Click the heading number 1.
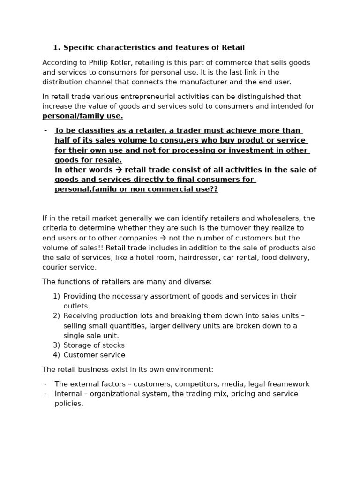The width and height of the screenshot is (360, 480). (56, 47)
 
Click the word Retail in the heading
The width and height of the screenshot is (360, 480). (233, 47)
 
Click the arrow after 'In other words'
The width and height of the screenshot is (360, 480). (119, 170)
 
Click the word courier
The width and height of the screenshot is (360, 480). (55, 268)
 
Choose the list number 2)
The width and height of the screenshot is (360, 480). (56, 316)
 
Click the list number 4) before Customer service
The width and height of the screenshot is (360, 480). (56, 355)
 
